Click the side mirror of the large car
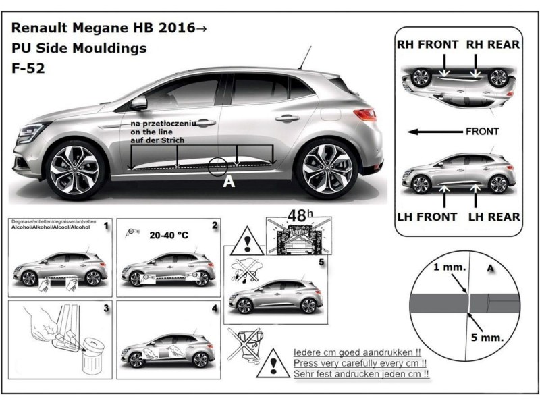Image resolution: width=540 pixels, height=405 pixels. (x=138, y=103)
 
